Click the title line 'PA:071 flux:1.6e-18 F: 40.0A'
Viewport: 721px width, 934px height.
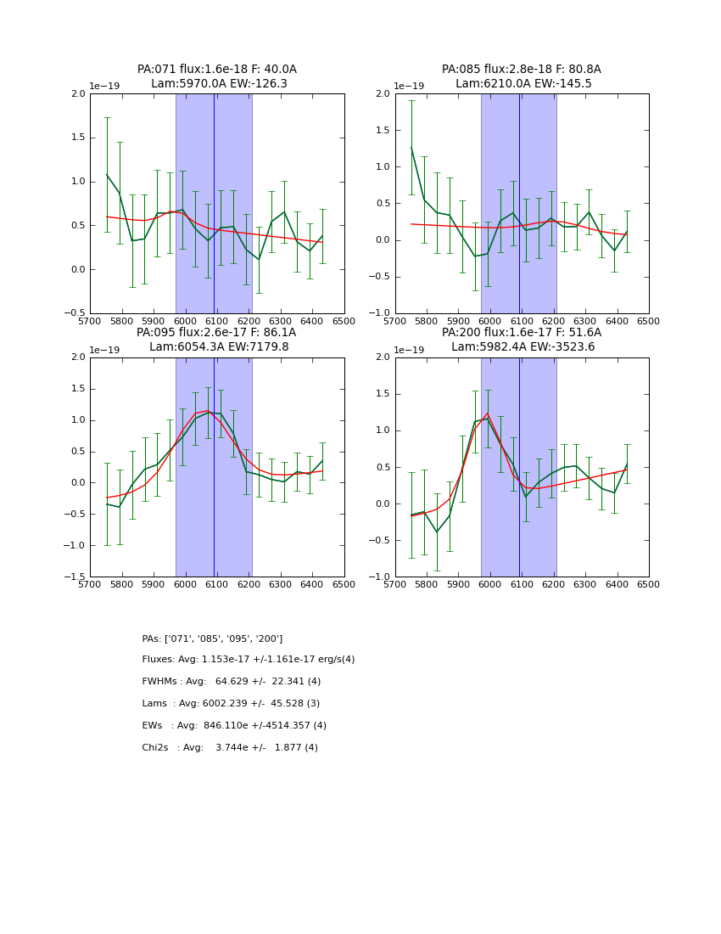[x=217, y=70]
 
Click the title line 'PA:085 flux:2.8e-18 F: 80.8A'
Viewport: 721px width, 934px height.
[x=521, y=70]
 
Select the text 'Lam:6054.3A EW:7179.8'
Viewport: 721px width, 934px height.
[x=219, y=346]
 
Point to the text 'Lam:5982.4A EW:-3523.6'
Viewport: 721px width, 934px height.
[x=523, y=346]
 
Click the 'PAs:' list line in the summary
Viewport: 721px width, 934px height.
[x=212, y=639]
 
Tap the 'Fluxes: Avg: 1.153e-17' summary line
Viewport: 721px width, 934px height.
[x=249, y=660]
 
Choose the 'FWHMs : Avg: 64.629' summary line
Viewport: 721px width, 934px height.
[x=232, y=682]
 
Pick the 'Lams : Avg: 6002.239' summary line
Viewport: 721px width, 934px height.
[x=231, y=704]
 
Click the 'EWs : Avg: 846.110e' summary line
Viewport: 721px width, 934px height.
[x=234, y=726]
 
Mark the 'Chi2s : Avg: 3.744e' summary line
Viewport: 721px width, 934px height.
[x=230, y=748]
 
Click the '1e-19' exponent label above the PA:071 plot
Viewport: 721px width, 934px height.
[x=104, y=87]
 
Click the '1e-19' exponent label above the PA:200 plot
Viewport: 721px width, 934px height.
[x=409, y=350]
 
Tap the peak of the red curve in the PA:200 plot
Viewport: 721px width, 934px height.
[x=488, y=414]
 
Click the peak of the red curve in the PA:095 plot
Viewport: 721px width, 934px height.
[x=207, y=411]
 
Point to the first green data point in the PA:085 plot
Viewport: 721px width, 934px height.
[x=411, y=148]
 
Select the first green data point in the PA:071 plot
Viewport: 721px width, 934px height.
[x=107, y=175]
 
